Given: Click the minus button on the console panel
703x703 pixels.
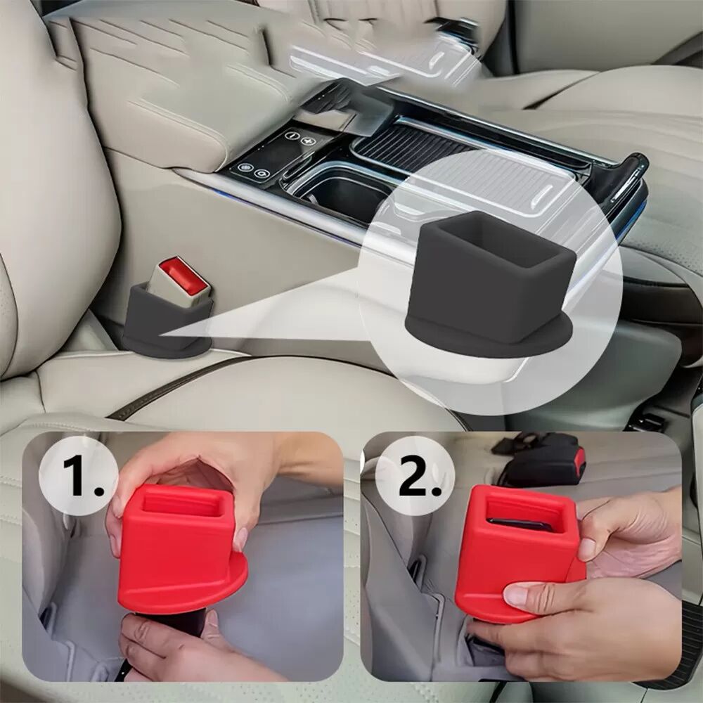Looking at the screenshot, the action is click(x=292, y=136).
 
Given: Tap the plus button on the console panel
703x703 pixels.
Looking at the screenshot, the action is click(x=308, y=141).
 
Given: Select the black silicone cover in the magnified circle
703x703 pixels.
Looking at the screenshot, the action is click(x=489, y=286).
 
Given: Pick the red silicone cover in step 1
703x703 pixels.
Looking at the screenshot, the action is click(x=181, y=550).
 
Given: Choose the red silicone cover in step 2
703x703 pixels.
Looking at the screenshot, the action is click(x=520, y=553).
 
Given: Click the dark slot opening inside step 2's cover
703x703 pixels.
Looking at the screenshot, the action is click(x=520, y=524).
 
